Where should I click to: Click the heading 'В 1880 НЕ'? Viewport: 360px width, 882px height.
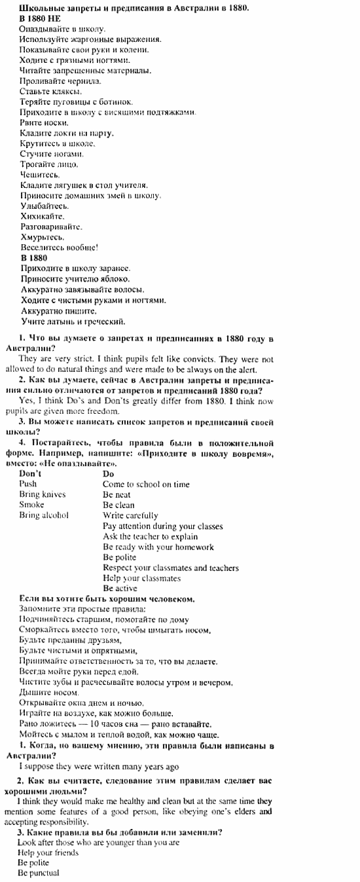[x=40, y=20]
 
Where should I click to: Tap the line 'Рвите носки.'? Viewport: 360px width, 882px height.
[x=40, y=122]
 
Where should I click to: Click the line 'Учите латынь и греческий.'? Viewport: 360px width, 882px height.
[x=73, y=322]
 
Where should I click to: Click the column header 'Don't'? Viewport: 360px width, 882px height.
[x=31, y=473]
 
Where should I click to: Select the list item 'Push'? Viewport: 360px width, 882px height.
[x=28, y=484]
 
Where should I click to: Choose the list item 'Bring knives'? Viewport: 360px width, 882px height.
[x=43, y=494]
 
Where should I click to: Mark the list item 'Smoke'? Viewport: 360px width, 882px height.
[x=31, y=505]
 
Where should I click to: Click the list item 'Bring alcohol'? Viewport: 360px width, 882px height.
[x=44, y=515]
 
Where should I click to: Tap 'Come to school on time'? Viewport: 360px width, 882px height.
[x=146, y=484]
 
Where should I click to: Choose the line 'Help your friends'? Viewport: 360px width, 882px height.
[x=48, y=853]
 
